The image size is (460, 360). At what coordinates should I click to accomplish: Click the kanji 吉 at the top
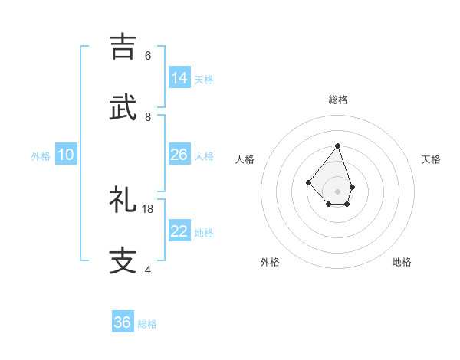[124, 46]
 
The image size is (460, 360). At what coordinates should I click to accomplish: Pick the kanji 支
[124, 260]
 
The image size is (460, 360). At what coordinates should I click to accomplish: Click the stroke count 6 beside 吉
[148, 56]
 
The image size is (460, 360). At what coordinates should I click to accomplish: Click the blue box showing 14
[179, 78]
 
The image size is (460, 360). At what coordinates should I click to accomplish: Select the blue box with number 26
[179, 155]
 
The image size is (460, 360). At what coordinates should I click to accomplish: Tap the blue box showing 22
[179, 231]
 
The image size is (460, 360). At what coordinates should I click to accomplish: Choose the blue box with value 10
[66, 155]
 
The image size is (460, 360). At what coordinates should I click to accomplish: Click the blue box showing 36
[123, 322]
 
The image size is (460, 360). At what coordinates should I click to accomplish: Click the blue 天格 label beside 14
[204, 80]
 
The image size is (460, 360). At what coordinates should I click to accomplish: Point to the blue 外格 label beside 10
[41, 156]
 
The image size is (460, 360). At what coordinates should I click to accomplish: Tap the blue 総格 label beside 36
[147, 324]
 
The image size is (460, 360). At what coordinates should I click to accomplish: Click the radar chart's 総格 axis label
[337, 100]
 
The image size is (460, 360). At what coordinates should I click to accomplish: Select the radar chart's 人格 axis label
[245, 159]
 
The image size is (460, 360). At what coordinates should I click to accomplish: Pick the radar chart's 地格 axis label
[402, 262]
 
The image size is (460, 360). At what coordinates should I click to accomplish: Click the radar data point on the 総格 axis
[337, 146]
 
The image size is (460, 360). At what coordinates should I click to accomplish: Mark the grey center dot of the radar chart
[337, 191]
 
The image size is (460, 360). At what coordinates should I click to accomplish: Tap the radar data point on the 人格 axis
[308, 182]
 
